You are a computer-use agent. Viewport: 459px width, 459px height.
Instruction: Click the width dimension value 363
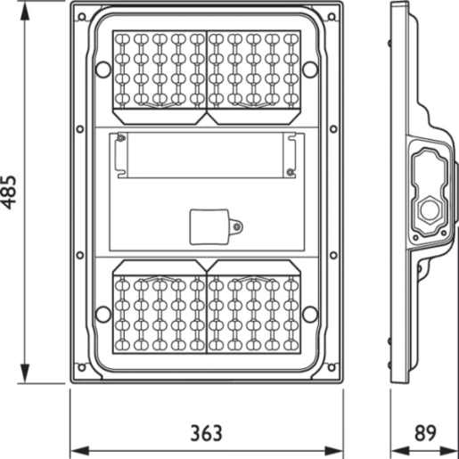(206, 434)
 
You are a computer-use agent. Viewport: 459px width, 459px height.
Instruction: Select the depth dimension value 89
(426, 434)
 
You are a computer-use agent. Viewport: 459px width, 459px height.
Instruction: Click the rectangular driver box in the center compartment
(206, 155)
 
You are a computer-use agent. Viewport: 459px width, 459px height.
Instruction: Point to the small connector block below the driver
(212, 225)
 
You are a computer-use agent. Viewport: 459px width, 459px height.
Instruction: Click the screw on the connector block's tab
(237, 225)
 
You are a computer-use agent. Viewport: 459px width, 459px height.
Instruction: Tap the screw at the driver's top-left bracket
(121, 137)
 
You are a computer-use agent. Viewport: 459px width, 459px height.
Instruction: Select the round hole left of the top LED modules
(102, 68)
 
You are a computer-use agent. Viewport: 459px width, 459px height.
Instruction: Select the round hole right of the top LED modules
(309, 68)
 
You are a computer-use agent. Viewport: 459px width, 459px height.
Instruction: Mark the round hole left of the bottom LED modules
(102, 313)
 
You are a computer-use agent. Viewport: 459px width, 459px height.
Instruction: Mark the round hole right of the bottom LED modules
(309, 313)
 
